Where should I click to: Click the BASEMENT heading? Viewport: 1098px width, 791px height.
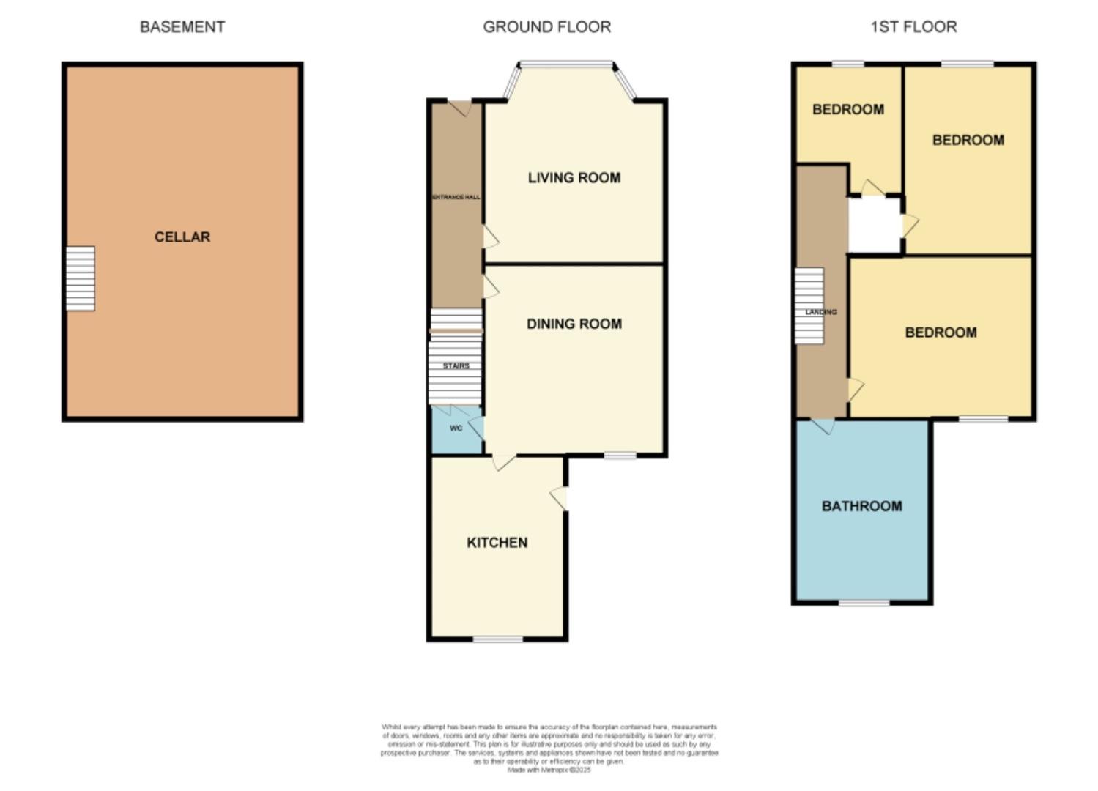(182, 27)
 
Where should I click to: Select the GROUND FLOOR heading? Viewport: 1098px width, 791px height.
(546, 27)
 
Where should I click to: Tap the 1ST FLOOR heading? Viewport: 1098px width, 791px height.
(913, 27)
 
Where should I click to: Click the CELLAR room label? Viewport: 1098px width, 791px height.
(182, 237)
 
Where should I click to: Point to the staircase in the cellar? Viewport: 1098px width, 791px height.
(81, 278)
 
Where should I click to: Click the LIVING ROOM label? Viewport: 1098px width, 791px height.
(574, 177)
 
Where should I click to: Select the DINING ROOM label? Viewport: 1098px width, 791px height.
(574, 324)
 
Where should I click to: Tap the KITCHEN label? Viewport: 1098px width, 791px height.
(497, 542)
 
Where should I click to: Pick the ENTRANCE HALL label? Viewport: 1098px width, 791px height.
(456, 197)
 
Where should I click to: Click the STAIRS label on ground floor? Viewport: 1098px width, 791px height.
(456, 365)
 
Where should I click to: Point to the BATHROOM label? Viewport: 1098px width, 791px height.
(862, 506)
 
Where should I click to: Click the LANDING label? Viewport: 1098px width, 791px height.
(821, 312)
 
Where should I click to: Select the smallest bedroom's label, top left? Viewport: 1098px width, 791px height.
(848, 109)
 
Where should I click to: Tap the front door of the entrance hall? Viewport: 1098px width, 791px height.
(460, 107)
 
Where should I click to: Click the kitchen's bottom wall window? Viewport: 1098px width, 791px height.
(498, 639)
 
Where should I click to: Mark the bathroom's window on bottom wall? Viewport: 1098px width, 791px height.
(864, 603)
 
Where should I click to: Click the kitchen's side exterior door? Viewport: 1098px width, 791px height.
(560, 498)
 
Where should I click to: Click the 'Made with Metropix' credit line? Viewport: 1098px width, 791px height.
(549, 770)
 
